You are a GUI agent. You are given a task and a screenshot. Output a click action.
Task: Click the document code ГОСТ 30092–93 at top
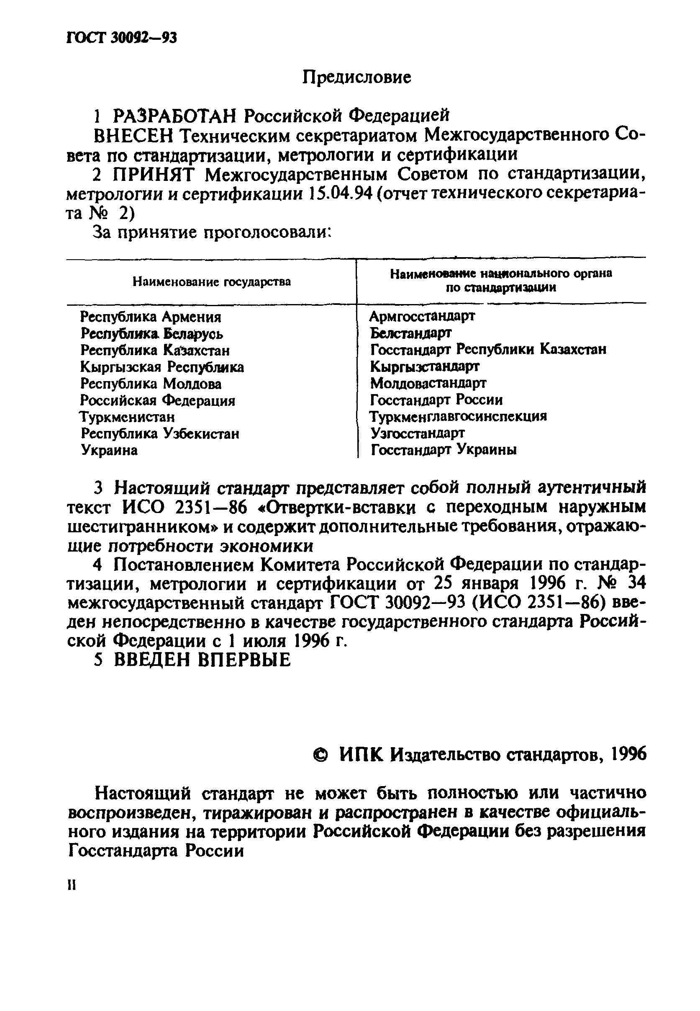[x=121, y=39]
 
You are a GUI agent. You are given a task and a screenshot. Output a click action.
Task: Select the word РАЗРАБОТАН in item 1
[x=175, y=116]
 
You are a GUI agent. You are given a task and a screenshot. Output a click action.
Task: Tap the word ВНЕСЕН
[x=135, y=136]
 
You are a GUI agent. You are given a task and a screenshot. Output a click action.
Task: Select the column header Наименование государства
[x=211, y=282]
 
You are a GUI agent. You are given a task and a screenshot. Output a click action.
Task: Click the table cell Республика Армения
[x=151, y=317]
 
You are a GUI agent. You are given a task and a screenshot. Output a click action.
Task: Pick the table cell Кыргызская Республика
[x=162, y=367]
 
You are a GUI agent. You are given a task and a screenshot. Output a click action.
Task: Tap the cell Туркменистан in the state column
[x=127, y=417]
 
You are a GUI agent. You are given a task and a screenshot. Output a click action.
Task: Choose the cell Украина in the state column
[x=109, y=450]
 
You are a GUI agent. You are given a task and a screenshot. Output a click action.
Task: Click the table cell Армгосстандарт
[x=422, y=316]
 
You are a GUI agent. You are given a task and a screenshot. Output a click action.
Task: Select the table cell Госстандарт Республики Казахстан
[x=488, y=349]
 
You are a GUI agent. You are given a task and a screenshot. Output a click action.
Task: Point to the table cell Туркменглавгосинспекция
[x=458, y=416]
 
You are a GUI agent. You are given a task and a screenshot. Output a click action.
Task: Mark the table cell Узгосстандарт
[x=418, y=433]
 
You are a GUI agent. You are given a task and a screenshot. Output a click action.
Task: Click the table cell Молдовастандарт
[x=428, y=383]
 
